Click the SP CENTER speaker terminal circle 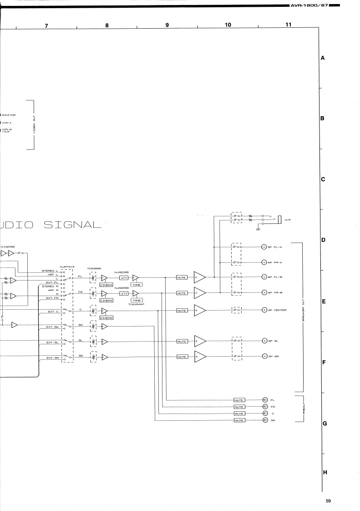tap(264, 310)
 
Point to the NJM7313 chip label tap(67, 266)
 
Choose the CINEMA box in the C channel tap(106, 317)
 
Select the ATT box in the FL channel tap(124, 278)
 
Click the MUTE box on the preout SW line tap(239, 420)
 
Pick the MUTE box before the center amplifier tap(182, 310)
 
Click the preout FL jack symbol tap(264, 399)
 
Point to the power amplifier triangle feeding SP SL tap(200, 341)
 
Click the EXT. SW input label tap(52, 327)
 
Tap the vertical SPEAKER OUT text tap(303, 314)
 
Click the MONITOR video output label tap(9, 115)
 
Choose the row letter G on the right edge tap(325, 424)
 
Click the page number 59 tap(328, 501)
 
